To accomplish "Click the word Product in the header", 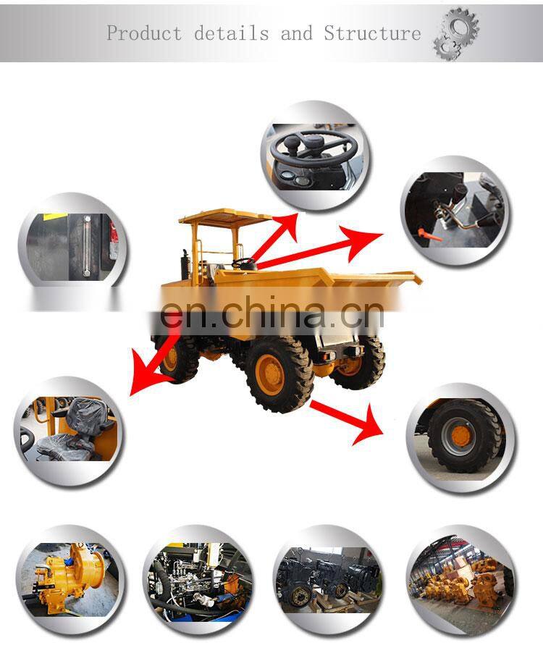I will [144, 33].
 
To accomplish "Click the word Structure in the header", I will [372, 33].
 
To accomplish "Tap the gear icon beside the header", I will [455, 33].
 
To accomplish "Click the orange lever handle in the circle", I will [422, 232].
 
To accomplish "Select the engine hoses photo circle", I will [198, 579].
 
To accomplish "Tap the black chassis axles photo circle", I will [328, 579].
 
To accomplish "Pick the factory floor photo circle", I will [460, 579].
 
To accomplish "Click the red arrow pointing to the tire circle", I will [348, 418].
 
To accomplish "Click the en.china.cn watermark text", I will [271, 313].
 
